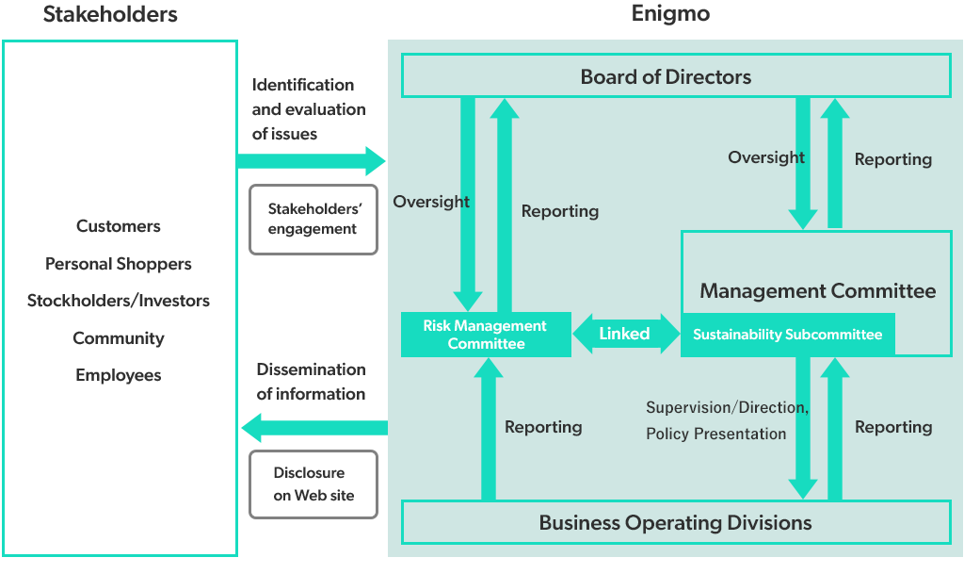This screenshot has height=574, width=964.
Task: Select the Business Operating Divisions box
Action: [676, 522]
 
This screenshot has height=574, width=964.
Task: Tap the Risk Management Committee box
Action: [486, 335]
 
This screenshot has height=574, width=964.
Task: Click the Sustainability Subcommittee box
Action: [787, 335]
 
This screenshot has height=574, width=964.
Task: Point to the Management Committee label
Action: [817, 291]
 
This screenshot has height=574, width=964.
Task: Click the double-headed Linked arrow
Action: [625, 334]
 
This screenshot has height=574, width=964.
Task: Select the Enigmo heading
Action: [671, 14]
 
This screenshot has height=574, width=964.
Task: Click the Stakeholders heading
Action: [110, 14]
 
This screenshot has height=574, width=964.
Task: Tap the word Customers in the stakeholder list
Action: [119, 226]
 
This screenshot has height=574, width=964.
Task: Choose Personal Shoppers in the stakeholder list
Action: [119, 264]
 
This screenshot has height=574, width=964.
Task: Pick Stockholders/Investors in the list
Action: [119, 301]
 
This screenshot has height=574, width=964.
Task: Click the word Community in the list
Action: [119, 338]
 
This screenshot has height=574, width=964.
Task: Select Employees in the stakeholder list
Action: [119, 375]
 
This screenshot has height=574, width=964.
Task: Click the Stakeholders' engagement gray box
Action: [313, 220]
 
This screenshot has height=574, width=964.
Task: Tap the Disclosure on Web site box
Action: [313, 484]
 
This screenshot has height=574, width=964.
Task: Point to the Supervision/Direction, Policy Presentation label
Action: [727, 420]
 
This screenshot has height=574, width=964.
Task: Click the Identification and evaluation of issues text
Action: [308, 109]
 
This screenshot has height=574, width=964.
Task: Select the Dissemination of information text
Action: [311, 382]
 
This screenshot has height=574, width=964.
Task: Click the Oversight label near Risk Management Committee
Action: [431, 202]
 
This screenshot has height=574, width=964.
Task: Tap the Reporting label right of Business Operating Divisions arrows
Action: [892, 427]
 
